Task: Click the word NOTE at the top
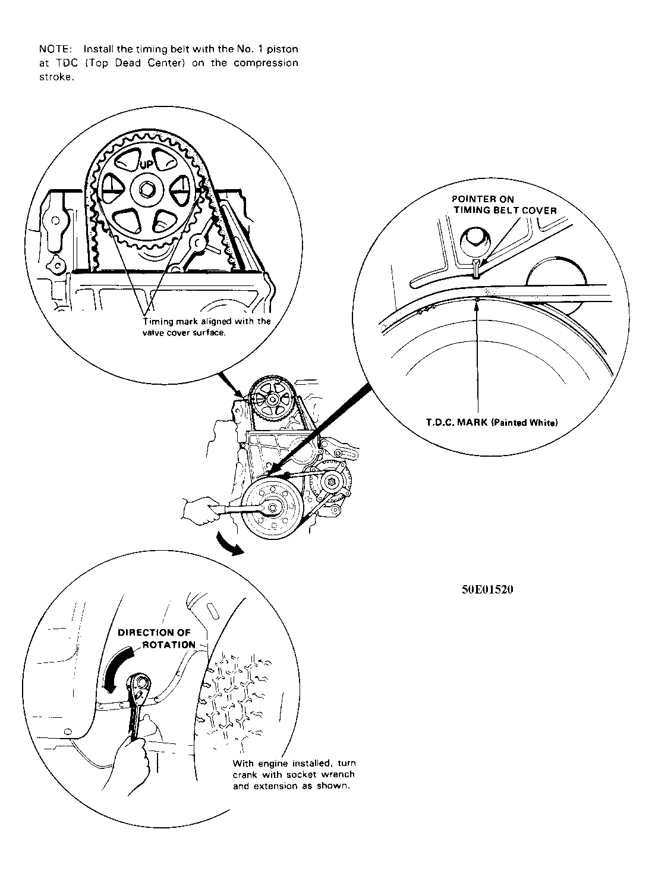pos(55,49)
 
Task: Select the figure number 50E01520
pos(487,590)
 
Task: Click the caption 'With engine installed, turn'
pos(294,763)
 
